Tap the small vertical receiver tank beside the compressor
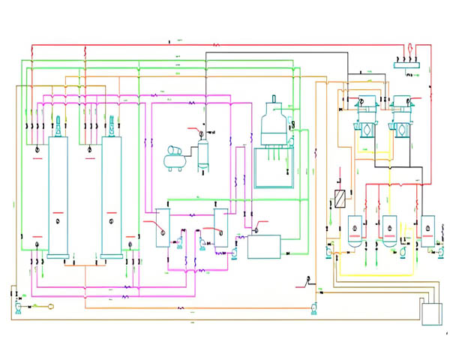[x=202, y=154]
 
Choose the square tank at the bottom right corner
[x=432, y=310]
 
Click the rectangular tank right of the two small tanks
[x=263, y=246]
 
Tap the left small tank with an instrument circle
[x=163, y=226]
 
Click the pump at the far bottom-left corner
[x=16, y=307]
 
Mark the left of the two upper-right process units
[x=367, y=124]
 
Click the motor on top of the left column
[x=58, y=123]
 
